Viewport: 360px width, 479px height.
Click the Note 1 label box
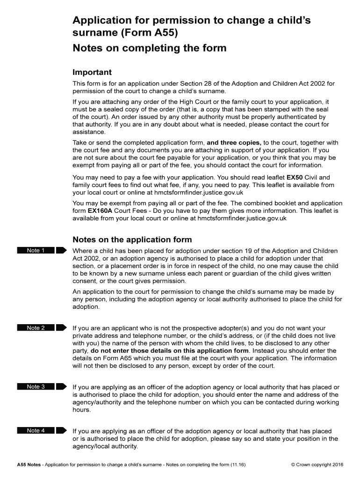(x=36, y=250)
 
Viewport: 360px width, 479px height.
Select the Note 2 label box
(x=36, y=328)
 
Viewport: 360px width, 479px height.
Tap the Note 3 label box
(x=36, y=386)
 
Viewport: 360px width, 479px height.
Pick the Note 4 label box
(x=36, y=430)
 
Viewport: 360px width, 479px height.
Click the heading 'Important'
(x=92, y=73)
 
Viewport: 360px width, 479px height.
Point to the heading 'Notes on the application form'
(x=132, y=240)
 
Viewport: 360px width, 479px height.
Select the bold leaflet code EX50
(x=295, y=178)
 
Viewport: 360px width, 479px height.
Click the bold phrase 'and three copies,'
(x=234, y=143)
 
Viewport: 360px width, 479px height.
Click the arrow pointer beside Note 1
(x=62, y=250)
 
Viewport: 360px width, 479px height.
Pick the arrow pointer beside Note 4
(x=62, y=430)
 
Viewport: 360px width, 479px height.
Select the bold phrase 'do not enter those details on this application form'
(x=169, y=351)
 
